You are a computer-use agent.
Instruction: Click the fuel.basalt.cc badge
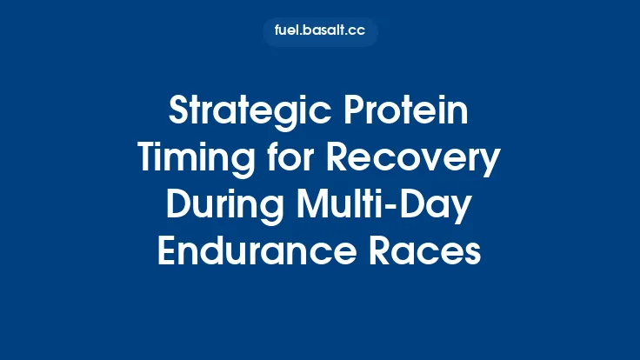coord(320,31)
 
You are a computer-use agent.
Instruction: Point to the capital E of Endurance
coord(167,252)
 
